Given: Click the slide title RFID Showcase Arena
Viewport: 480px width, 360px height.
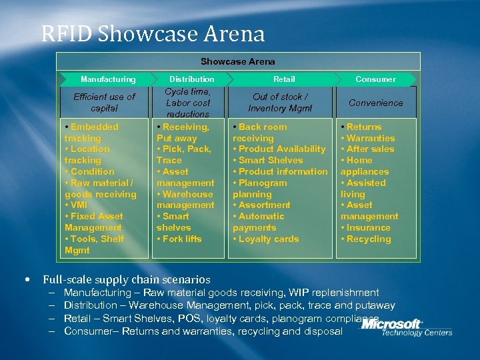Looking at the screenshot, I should click(x=153, y=34).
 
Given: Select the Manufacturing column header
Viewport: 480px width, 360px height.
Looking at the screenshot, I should click(x=107, y=79).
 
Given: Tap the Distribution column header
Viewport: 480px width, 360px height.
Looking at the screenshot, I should click(x=192, y=79).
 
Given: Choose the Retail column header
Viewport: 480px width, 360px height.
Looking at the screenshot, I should click(x=284, y=79).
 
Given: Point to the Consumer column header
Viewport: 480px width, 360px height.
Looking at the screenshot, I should click(x=375, y=79).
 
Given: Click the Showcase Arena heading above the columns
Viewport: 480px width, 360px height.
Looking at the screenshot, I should click(x=237, y=61).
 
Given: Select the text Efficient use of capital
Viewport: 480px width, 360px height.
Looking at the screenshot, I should click(x=104, y=102).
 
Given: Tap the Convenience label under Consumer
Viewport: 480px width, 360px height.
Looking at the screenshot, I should click(x=375, y=103).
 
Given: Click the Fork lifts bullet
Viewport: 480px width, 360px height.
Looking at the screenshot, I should click(x=181, y=239).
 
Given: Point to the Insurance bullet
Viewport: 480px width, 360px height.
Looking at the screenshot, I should click(x=368, y=227).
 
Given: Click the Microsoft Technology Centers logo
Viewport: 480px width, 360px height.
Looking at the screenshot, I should click(x=407, y=327).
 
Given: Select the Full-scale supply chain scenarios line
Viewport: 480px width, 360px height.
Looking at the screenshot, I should click(x=127, y=280).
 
